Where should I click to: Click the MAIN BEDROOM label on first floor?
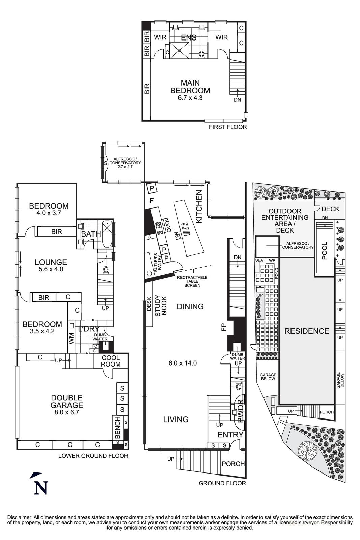[190, 87]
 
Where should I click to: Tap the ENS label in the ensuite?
[189, 37]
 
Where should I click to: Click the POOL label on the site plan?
[324, 250]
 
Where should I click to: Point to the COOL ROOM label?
[111, 361]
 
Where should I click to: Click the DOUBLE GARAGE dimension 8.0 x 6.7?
[67, 412]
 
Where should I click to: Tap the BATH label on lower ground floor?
[91, 234]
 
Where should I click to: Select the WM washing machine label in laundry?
[71, 339]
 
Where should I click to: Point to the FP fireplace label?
[223, 327]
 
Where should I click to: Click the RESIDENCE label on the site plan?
[307, 331]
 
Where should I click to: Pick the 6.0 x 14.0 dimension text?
[183, 363]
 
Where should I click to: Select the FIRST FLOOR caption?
[228, 127]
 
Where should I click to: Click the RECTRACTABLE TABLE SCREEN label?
[192, 281]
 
